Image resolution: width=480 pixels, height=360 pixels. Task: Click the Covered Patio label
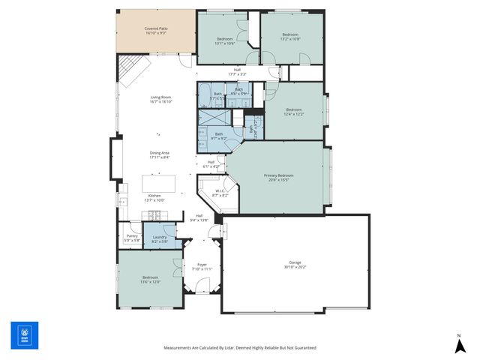click(x=156, y=31)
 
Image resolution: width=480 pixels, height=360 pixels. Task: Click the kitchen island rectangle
click(x=159, y=183)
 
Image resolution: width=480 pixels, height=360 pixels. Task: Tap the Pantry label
click(x=132, y=238)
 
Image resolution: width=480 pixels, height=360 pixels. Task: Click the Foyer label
click(x=202, y=266)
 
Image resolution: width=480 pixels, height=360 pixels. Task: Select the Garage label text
click(x=295, y=263)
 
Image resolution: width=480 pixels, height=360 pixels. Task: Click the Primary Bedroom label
click(x=278, y=177)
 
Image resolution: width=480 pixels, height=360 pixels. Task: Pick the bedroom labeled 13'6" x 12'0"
click(x=150, y=279)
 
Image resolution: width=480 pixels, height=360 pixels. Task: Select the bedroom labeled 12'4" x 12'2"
click(x=293, y=112)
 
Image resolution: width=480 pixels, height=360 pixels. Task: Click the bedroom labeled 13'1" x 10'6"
click(x=225, y=40)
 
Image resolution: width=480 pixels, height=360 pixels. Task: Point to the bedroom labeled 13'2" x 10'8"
click(x=290, y=37)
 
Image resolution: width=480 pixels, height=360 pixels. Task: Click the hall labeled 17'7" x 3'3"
click(x=236, y=72)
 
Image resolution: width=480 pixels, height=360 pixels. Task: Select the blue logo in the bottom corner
click(x=24, y=335)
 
